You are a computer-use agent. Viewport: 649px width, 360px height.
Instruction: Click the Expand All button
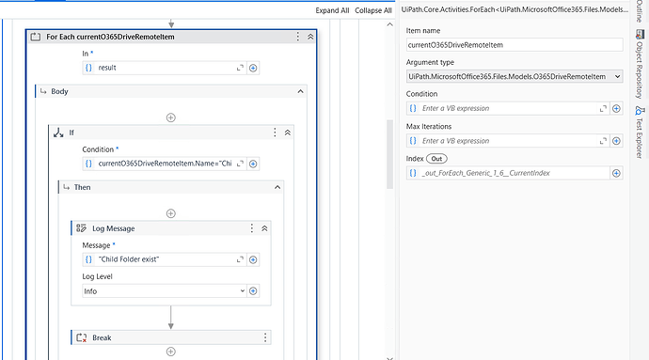[332, 10]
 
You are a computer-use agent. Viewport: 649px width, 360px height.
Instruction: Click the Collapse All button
[373, 10]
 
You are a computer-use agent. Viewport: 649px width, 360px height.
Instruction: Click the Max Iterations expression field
[509, 141]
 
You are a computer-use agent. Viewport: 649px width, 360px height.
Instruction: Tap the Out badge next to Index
[437, 158]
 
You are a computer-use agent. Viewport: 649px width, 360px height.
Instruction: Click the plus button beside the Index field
[617, 173]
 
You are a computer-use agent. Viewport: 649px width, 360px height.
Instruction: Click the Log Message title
[112, 228]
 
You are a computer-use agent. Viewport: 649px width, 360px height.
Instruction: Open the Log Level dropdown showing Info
[165, 291]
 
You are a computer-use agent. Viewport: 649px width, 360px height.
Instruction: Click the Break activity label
[103, 337]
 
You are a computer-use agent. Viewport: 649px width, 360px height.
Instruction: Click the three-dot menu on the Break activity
[264, 337]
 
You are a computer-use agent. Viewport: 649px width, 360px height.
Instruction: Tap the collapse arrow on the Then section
[277, 188]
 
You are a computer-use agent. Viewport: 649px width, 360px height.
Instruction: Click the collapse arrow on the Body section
[300, 92]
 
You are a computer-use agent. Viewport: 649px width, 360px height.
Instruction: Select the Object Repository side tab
[639, 65]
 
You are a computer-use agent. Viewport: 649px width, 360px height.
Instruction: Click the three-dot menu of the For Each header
[299, 37]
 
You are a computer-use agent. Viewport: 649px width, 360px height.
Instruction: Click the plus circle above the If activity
[170, 117]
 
